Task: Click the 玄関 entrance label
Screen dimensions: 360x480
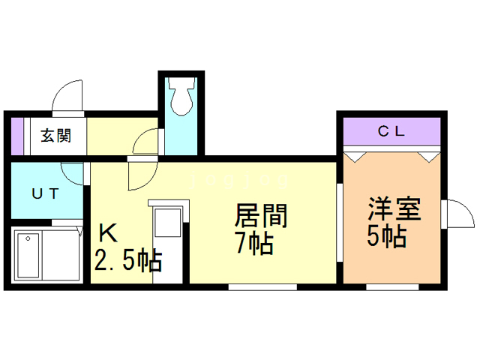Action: pos(55,136)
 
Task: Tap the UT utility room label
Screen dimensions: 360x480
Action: pos(45,193)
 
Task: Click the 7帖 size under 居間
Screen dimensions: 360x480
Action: pos(253,244)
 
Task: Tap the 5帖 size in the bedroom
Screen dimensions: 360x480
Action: pos(386,236)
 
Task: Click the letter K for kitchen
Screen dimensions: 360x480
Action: pos(108,233)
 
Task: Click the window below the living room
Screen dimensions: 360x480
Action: pos(262,286)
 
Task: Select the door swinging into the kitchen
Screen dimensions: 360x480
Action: pos(140,176)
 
